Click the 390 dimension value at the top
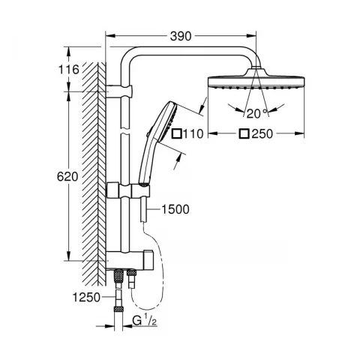tap(181, 36)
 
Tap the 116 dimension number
tap(68, 69)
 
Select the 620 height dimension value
tap(67, 177)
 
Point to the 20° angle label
tap(257, 114)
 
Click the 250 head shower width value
tap(262, 134)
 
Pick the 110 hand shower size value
tap(193, 134)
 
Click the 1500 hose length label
tap(175, 209)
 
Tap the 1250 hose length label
tap(86, 297)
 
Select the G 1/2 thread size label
tap(145, 320)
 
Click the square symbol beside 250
tap(244, 133)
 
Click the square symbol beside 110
tap(177, 133)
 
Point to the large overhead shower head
tap(256, 79)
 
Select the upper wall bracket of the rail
tap(118, 91)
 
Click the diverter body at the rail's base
tap(130, 259)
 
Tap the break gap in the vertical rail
tap(125, 131)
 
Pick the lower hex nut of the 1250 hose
tap(118, 309)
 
